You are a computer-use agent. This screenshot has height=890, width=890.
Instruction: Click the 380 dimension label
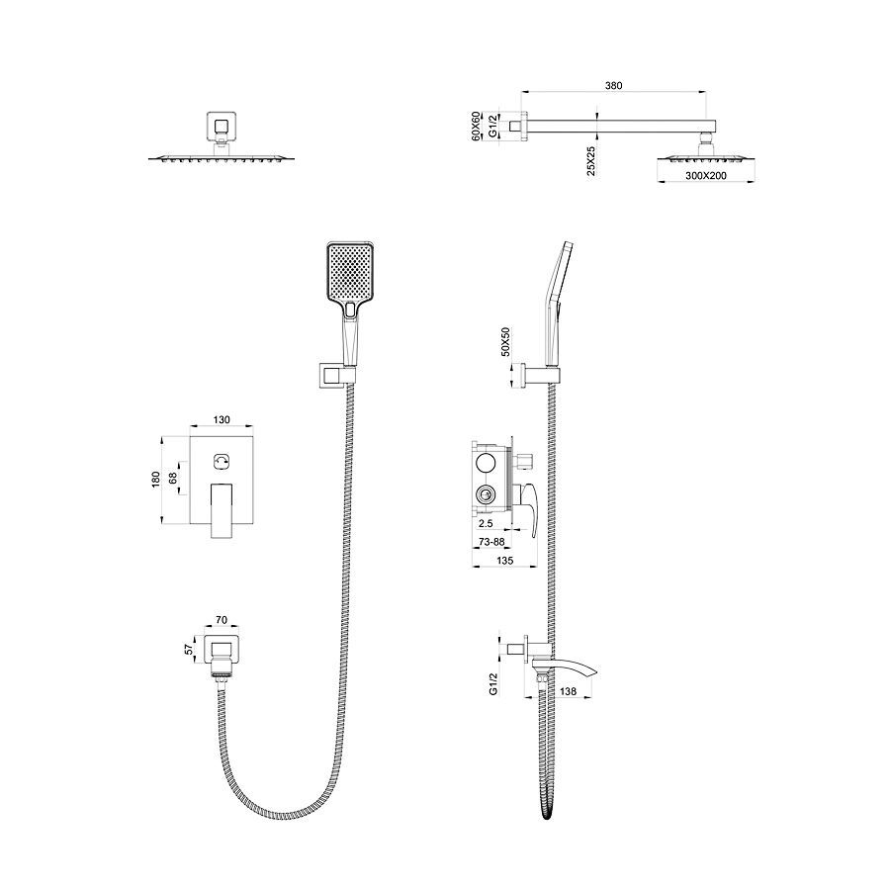click(x=613, y=86)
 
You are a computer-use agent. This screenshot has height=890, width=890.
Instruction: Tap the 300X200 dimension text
click(x=705, y=175)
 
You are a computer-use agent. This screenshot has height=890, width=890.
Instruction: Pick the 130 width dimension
click(x=221, y=420)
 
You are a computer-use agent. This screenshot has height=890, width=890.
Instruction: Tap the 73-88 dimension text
click(x=489, y=542)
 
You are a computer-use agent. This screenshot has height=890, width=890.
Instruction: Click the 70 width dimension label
click(x=221, y=620)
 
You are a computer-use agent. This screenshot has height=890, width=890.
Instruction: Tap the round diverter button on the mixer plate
click(x=221, y=461)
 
